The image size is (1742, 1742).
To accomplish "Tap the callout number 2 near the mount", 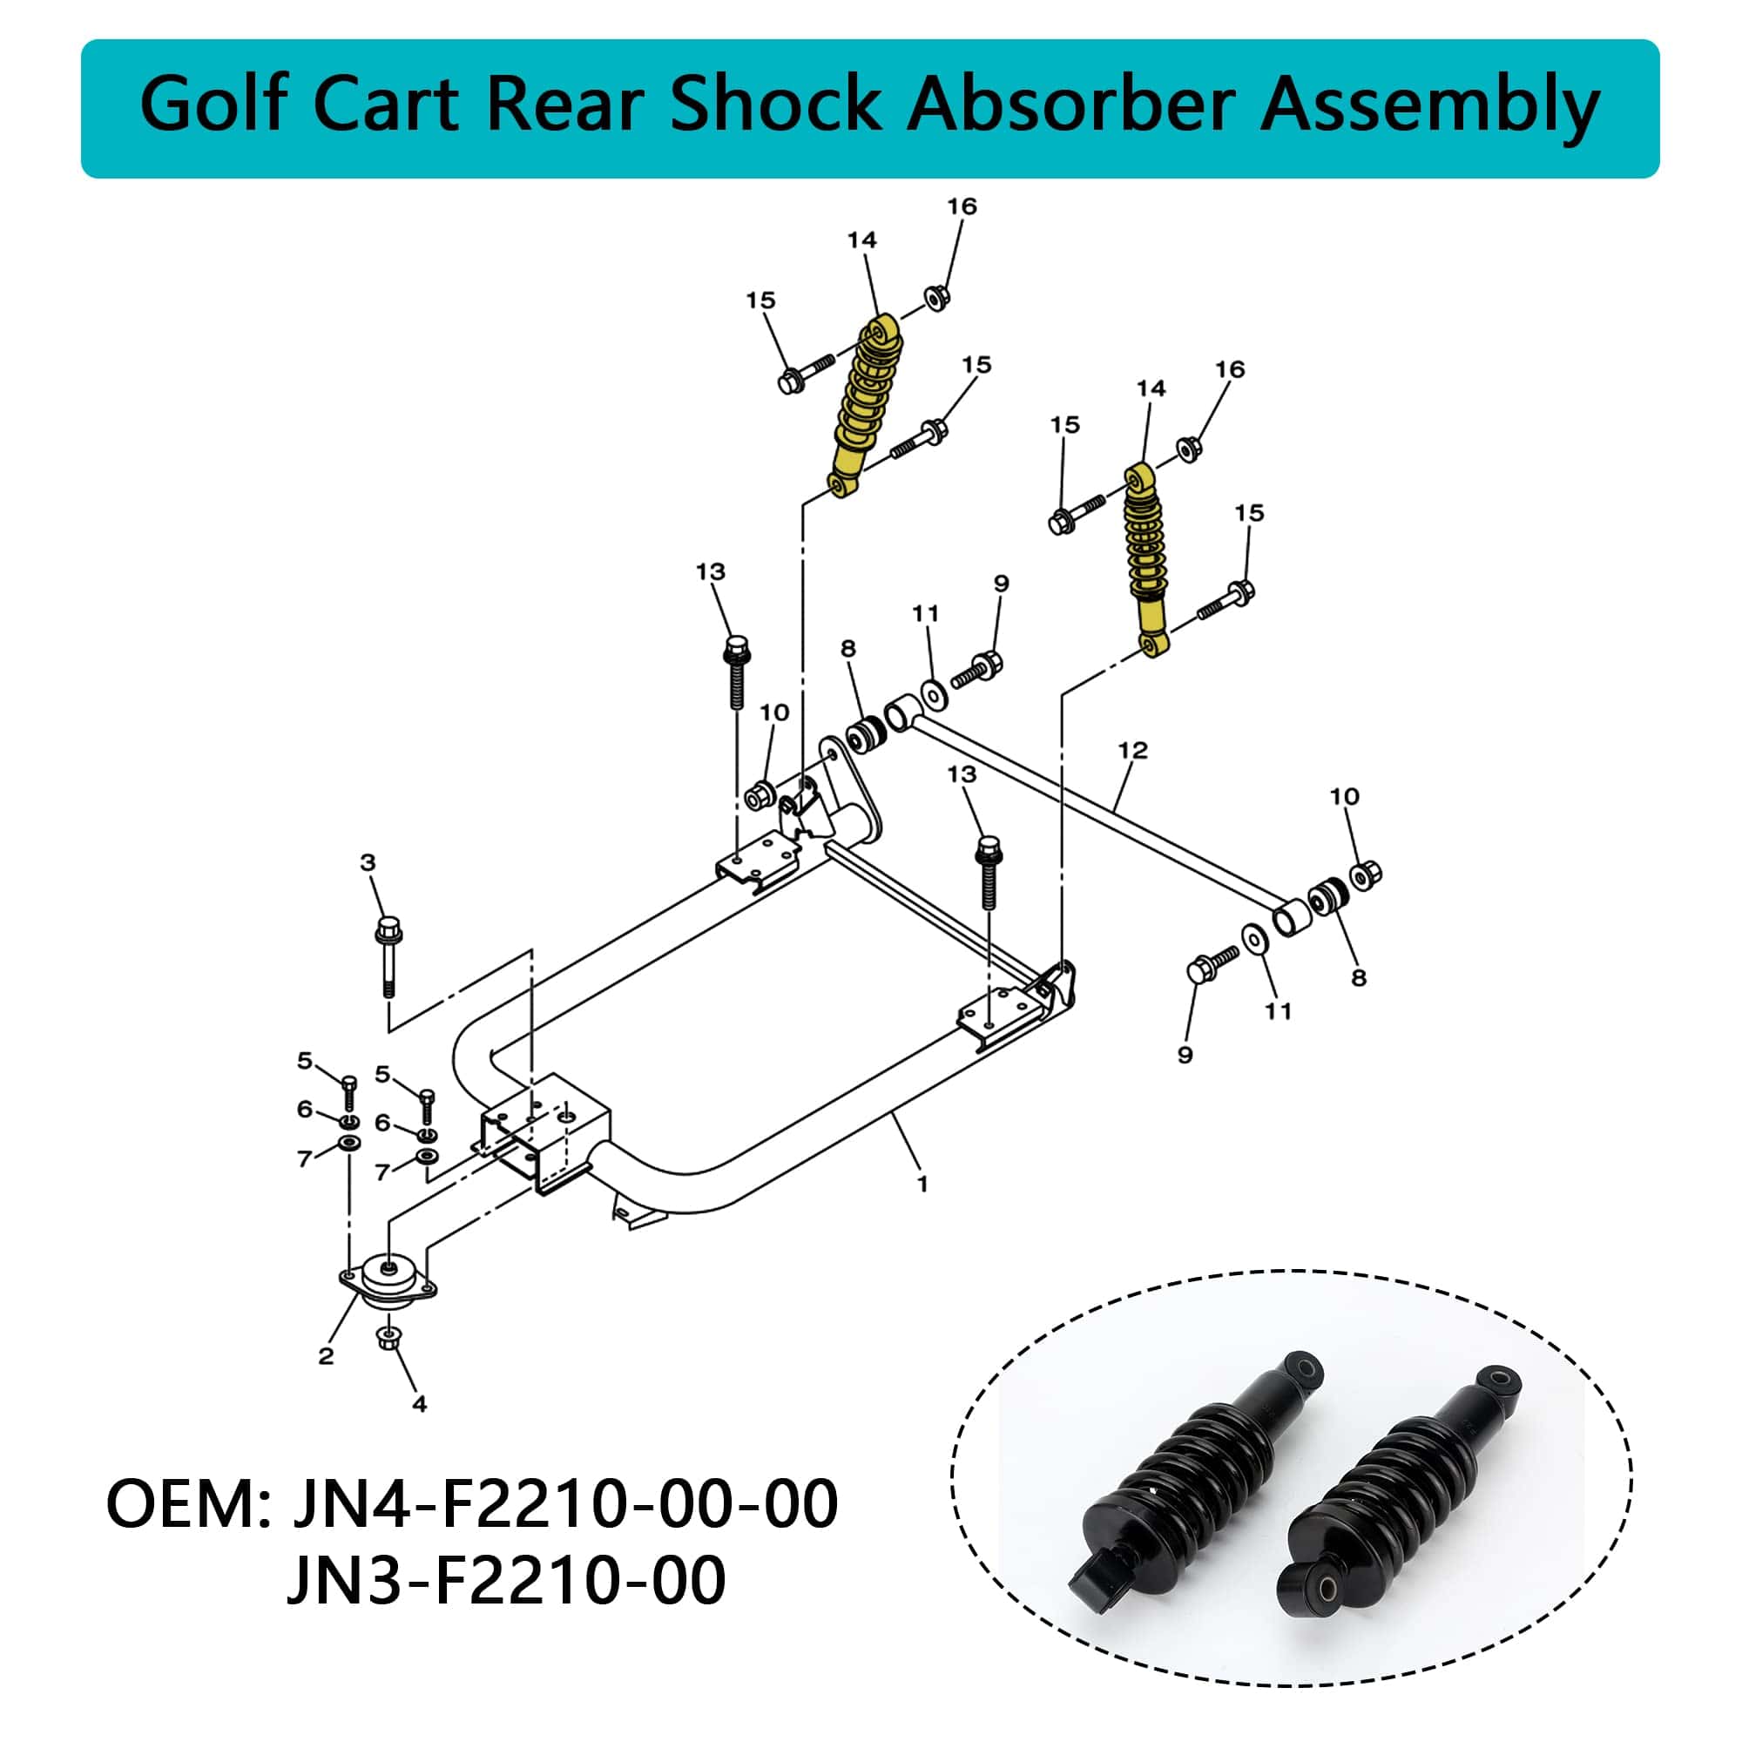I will [326, 1356].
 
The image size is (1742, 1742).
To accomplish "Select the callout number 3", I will [367, 863].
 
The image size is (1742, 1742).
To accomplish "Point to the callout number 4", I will [418, 1404].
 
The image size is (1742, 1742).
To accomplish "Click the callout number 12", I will [1132, 750].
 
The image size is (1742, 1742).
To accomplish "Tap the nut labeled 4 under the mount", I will [388, 1338].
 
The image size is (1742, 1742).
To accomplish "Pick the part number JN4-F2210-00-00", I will [564, 1504].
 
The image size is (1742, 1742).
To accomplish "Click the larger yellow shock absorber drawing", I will [864, 406].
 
